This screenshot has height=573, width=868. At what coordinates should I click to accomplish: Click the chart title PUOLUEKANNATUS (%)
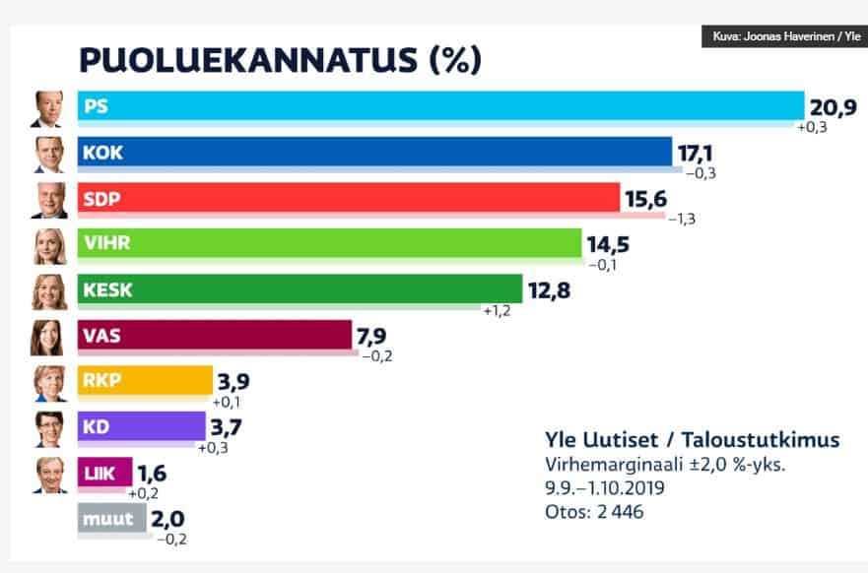[280, 61]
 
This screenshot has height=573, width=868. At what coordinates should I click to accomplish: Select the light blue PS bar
[443, 105]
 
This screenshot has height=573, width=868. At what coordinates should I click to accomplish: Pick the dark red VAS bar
[217, 335]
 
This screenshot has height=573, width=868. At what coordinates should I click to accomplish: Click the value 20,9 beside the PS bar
[832, 106]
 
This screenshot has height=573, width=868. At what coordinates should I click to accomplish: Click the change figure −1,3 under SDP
[682, 219]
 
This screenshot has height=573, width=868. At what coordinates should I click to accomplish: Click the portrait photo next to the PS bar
[47, 109]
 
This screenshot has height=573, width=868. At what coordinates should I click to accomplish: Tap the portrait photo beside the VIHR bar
[50, 246]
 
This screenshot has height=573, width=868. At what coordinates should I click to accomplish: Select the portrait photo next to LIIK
[50, 475]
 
